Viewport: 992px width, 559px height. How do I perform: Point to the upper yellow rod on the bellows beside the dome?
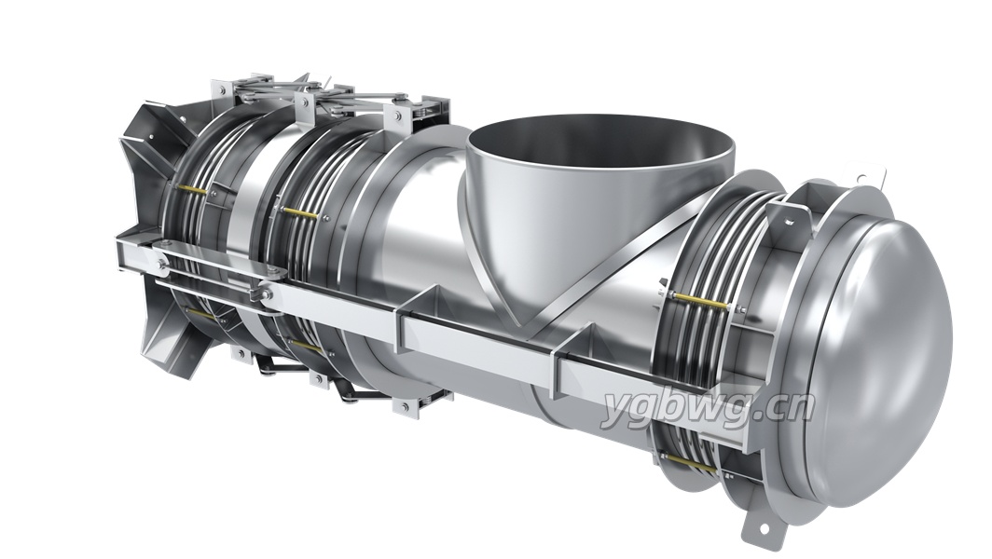(701, 302)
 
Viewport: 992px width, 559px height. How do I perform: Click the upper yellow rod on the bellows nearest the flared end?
(192, 189)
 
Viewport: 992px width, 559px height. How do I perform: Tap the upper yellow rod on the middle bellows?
(299, 213)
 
